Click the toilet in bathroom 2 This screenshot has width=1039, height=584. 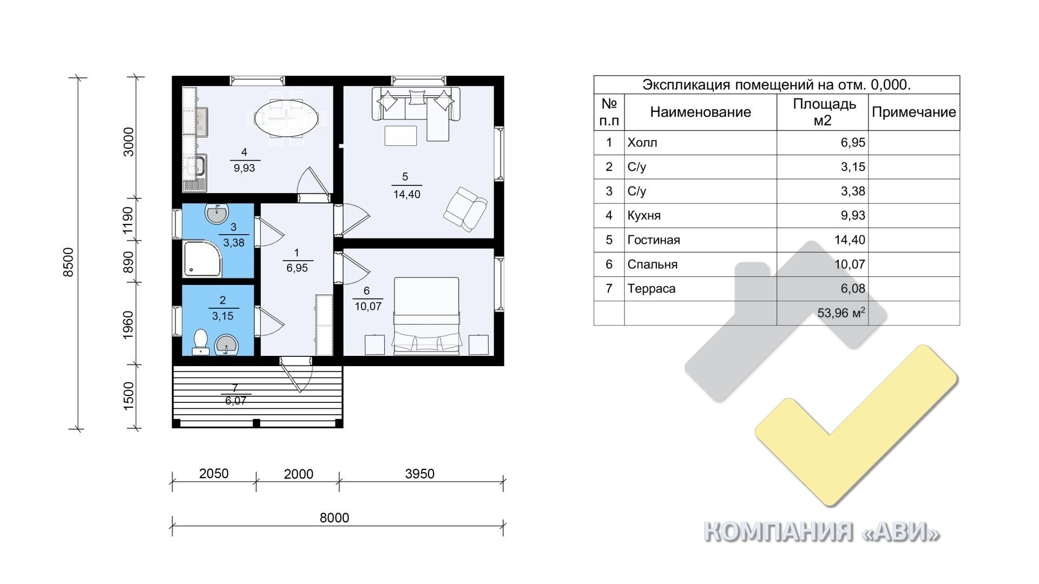pos(201,341)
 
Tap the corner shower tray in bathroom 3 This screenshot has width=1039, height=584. pos(203,259)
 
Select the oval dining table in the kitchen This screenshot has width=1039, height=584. pos(286,118)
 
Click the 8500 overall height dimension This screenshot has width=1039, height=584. pos(68,263)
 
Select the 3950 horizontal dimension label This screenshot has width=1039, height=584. pos(419,474)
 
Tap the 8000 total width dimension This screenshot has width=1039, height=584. pos(334,517)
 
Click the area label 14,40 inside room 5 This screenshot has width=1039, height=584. pos(407,195)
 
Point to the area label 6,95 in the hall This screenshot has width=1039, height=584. pos(297,268)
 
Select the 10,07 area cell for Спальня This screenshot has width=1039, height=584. pos(850,264)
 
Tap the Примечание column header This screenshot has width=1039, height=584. pos(914,112)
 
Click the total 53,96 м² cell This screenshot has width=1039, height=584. pos(841,313)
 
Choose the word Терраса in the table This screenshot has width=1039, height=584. pos(652,289)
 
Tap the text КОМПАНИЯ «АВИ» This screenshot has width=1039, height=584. pos(821,532)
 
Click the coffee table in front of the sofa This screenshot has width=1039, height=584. pos(401,135)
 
